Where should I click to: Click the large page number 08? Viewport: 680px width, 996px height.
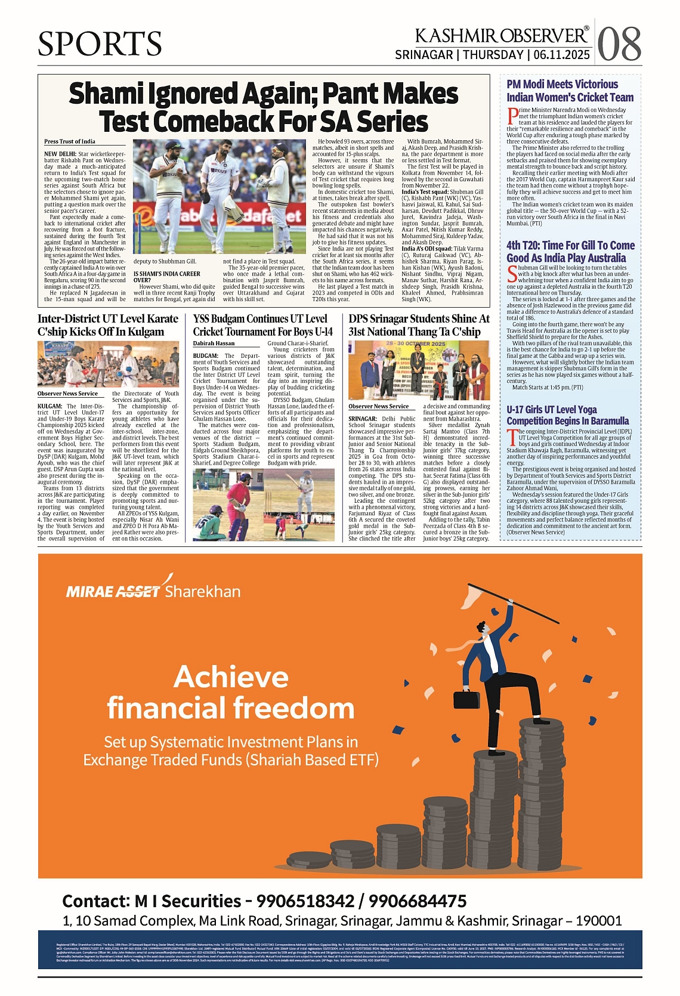[x=619, y=45]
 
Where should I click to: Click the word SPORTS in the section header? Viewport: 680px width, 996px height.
[x=100, y=44]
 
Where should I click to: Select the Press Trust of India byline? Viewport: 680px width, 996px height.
[x=70, y=141]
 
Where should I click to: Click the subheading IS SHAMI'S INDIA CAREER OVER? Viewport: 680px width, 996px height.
[x=166, y=277]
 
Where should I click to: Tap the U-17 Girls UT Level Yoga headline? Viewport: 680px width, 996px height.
[x=567, y=415]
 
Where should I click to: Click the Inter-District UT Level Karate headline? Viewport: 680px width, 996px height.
[x=108, y=325]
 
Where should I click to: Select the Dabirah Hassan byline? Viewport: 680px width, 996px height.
[x=214, y=344]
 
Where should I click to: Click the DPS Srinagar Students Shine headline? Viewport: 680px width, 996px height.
[x=419, y=325]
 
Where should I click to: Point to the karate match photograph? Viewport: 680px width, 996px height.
[x=108, y=364]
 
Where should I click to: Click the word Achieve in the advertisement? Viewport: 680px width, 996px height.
[x=231, y=678]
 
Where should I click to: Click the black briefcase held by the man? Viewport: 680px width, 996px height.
[x=466, y=699]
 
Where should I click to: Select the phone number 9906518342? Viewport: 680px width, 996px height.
[x=304, y=901]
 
